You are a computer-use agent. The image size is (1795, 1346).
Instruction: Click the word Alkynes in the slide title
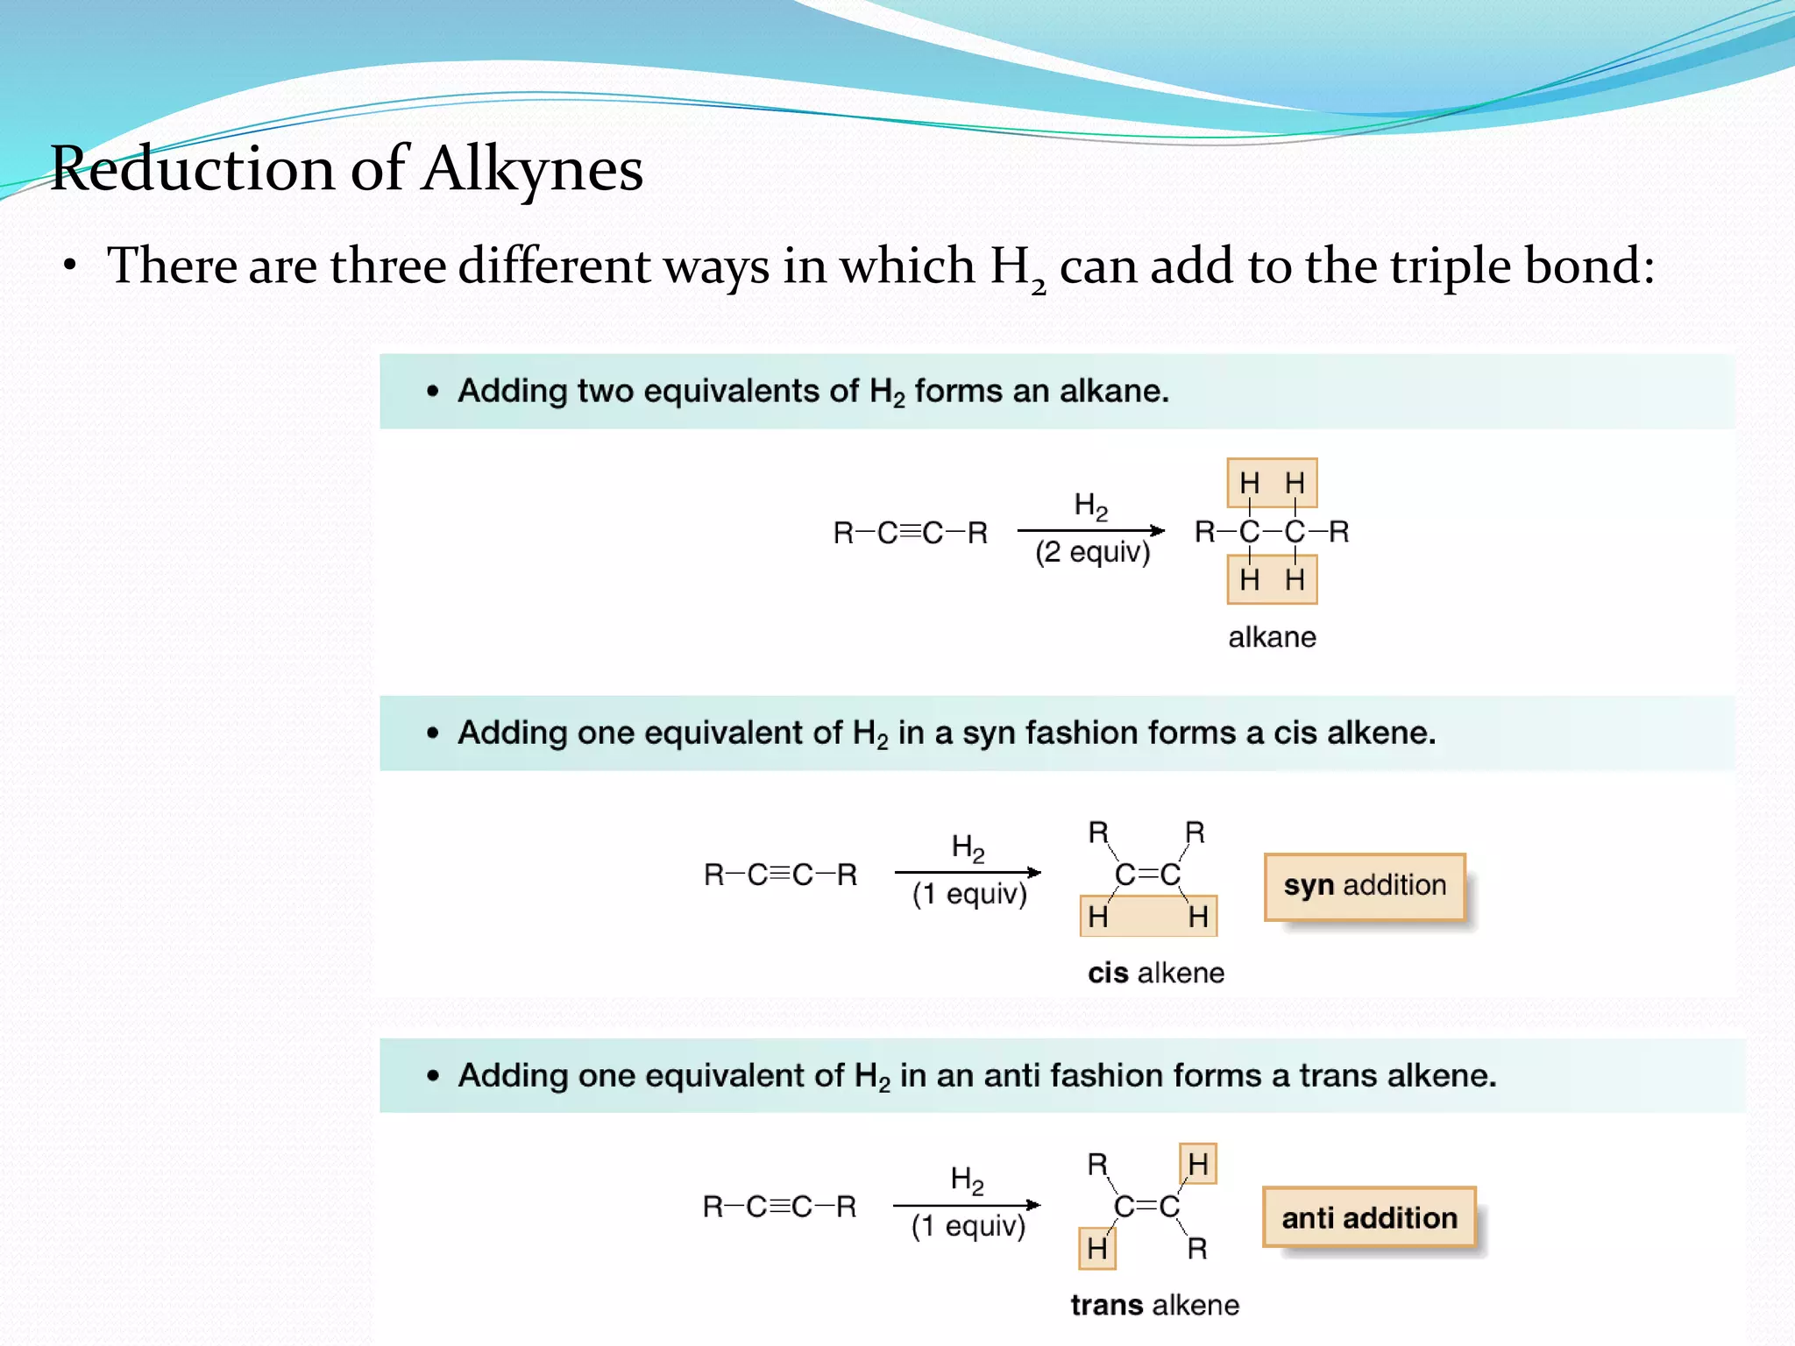(x=532, y=168)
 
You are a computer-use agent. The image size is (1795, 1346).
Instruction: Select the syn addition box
(x=1365, y=886)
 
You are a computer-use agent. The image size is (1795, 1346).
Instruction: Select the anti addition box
(x=1369, y=1218)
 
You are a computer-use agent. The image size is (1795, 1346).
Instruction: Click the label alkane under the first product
(x=1272, y=637)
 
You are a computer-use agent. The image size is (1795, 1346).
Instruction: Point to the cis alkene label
(x=1155, y=973)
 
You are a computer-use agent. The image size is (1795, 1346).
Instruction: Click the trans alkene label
(x=1154, y=1305)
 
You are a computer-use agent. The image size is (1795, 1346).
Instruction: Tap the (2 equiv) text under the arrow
(x=1092, y=552)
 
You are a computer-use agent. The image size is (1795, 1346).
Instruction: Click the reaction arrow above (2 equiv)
(x=1091, y=530)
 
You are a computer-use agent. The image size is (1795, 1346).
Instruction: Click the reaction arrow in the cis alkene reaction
(x=968, y=872)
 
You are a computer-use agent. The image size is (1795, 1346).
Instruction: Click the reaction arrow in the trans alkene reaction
(x=967, y=1205)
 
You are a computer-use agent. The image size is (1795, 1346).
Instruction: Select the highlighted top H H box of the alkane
(x=1272, y=483)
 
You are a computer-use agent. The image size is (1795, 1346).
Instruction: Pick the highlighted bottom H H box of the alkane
(x=1272, y=579)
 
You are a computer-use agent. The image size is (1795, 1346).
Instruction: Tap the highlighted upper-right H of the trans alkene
(x=1198, y=1164)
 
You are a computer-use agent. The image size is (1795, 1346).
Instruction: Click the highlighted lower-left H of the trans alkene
(x=1097, y=1248)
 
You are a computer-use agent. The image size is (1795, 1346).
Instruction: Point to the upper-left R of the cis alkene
(x=1098, y=832)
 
